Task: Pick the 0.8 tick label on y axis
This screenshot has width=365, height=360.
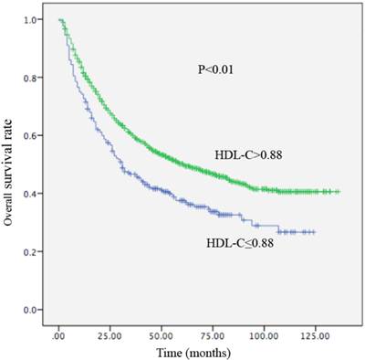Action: (32, 78)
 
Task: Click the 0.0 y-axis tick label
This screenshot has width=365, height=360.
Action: (32, 311)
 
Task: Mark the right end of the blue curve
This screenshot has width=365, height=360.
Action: (315, 232)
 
